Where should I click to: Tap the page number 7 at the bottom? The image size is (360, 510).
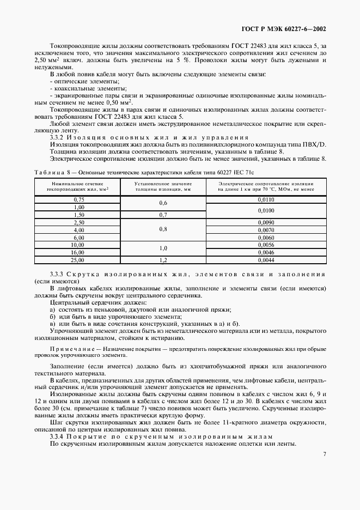[325, 454]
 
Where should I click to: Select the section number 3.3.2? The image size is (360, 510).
[58, 137]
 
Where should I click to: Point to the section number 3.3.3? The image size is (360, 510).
[58, 274]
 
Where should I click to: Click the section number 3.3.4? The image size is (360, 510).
[58, 436]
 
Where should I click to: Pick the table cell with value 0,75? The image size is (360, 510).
[78, 200]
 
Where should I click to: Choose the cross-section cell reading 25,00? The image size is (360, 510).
[78, 260]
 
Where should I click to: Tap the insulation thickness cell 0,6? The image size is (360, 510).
[163, 204]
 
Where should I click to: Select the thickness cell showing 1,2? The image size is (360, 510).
[163, 260]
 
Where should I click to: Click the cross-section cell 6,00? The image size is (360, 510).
[78, 238]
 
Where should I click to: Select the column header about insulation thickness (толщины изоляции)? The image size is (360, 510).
[163, 187]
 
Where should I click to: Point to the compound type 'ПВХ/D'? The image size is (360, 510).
[314, 144]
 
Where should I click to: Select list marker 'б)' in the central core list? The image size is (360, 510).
[53, 317]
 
